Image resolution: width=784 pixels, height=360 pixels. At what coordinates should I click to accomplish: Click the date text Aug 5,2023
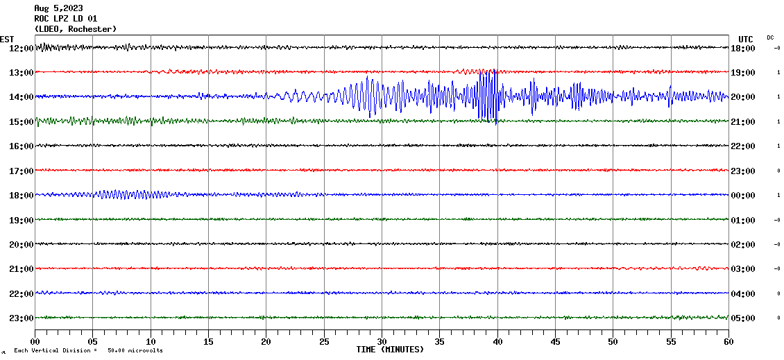58,8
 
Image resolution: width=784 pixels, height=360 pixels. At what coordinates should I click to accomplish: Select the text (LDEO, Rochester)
75,29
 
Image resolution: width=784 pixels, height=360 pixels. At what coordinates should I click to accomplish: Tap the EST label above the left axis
7,39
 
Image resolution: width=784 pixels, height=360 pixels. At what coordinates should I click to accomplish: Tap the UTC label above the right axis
745,39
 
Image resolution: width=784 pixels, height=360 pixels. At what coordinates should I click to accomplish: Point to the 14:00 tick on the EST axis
20,97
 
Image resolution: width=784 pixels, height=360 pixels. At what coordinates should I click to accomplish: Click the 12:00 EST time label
20,49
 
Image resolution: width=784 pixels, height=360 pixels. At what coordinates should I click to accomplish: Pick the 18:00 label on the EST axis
20,196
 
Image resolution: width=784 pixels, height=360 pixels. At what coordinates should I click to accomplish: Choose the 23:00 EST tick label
20,318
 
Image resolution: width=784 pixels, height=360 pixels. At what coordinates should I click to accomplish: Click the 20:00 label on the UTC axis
742,97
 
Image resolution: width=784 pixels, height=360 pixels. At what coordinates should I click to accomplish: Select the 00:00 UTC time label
742,196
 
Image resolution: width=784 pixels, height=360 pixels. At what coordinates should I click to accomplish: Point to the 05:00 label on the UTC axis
742,318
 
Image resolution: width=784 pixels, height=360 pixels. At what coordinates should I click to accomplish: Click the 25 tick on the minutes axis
324,341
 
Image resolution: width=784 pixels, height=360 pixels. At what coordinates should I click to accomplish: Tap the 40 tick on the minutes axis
497,341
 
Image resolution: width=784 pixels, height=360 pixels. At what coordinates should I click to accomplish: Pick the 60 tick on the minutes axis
728,341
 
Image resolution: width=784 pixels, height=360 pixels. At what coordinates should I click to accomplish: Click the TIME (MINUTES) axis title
390,350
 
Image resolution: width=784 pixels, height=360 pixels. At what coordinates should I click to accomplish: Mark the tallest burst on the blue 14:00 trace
489,96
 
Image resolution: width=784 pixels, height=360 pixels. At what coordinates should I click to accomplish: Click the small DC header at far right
770,37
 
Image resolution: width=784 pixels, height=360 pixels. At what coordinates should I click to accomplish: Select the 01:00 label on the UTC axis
742,221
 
